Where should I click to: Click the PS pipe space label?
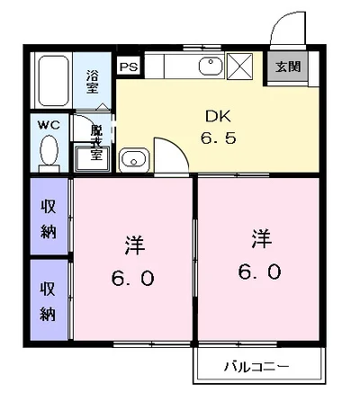coord(129,67)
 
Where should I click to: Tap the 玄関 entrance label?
coord(288,67)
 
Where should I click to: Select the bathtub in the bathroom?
coord(53,81)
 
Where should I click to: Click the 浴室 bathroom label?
coord(93,82)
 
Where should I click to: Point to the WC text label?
coord(49,125)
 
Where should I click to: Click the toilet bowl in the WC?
coord(49,150)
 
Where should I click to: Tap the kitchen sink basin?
coord(211,67)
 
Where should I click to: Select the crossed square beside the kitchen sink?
coord(239,67)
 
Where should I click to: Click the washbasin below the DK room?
coord(134,160)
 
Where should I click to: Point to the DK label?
coord(218,116)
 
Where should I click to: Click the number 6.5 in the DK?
coord(218,138)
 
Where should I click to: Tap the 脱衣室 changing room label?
coord(96,142)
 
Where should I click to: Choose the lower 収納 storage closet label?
coord(48,301)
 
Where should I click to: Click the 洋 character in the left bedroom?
coord(135,245)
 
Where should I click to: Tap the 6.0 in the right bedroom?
coord(260,272)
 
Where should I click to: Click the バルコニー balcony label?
coord(257,366)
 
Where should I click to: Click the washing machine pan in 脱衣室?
coord(92,159)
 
